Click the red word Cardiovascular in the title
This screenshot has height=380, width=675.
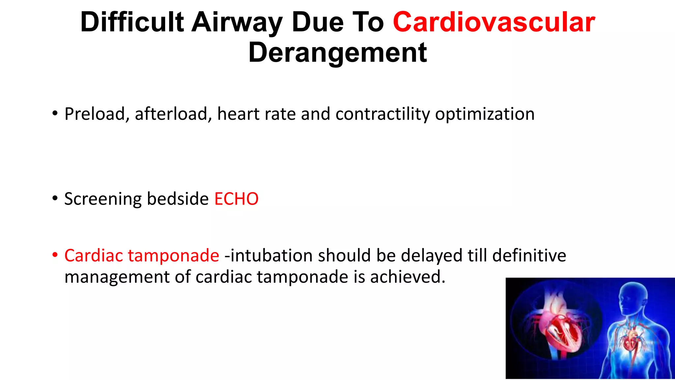(494, 22)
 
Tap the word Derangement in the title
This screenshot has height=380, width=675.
(337, 53)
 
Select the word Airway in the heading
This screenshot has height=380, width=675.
(237, 22)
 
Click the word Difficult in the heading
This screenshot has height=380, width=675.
(132, 22)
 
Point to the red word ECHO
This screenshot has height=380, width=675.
(236, 199)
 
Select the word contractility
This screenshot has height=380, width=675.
(383, 114)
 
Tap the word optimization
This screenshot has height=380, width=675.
(484, 114)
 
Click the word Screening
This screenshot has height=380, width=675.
(103, 199)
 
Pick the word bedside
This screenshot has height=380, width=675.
(178, 199)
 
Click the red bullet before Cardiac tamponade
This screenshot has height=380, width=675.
(55, 255)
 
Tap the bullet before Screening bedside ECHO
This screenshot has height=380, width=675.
(55, 198)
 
